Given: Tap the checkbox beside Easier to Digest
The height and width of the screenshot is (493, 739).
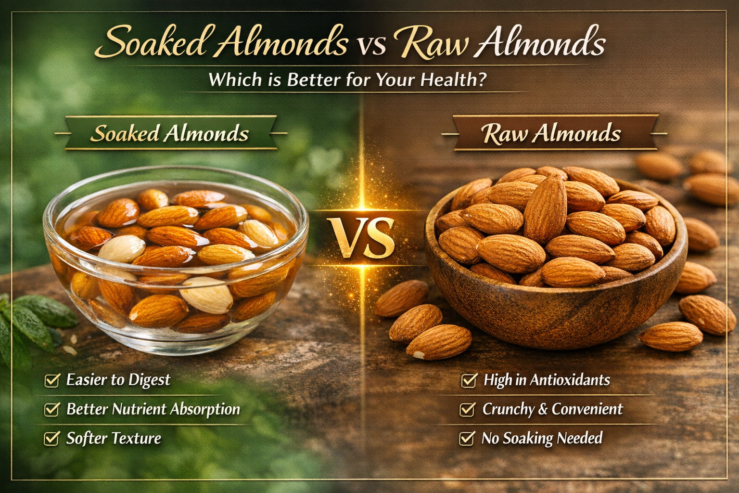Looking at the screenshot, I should pos(52,380).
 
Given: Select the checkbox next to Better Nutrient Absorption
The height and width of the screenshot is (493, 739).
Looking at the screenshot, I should pos(52,409).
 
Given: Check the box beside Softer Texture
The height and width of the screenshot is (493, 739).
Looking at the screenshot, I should pos(52,439).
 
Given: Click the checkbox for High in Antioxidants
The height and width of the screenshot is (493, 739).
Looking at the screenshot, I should pos(469,380).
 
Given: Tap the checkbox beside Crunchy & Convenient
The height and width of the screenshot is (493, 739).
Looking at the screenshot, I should pos(467,409).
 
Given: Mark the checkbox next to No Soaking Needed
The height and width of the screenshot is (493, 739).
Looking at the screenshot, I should pos(467,439).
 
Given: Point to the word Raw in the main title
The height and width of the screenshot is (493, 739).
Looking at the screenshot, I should pos(431,43).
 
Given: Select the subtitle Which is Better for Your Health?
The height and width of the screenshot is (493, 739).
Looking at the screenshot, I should pos(347,79).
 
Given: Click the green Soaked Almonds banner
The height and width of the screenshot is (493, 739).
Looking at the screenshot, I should pos(170,133).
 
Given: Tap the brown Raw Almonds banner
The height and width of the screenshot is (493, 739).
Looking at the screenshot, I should pos(551,133).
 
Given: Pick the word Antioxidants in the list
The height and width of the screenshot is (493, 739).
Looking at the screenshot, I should pos(570,380).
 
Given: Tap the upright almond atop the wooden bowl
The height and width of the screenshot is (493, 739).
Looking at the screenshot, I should pos(545,209).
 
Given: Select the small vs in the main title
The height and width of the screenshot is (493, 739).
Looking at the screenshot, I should pos(371,46).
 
